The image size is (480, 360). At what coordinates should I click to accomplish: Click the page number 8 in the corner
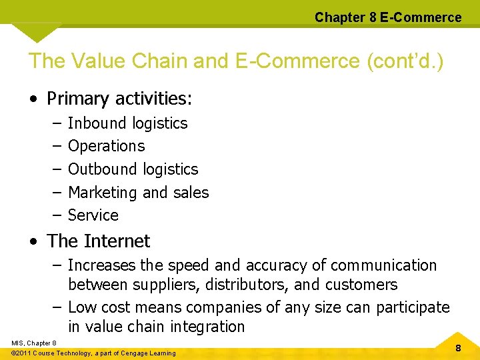(458, 348)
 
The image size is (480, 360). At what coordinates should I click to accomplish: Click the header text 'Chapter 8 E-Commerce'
(388, 17)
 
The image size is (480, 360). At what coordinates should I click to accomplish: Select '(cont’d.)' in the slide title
(405, 61)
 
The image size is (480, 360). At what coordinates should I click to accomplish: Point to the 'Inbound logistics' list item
(128, 123)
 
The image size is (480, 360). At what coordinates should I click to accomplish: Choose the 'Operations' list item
(106, 146)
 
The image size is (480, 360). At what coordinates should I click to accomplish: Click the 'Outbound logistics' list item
(133, 169)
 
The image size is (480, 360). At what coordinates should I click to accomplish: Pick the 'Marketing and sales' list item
(139, 193)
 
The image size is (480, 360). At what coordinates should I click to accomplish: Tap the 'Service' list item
(93, 215)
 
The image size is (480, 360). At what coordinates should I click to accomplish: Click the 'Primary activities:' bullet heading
(119, 99)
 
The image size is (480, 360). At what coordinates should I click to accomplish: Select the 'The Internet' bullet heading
(99, 241)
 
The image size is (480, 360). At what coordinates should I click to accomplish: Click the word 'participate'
(413, 307)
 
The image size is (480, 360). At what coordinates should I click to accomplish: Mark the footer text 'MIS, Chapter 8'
(34, 343)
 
